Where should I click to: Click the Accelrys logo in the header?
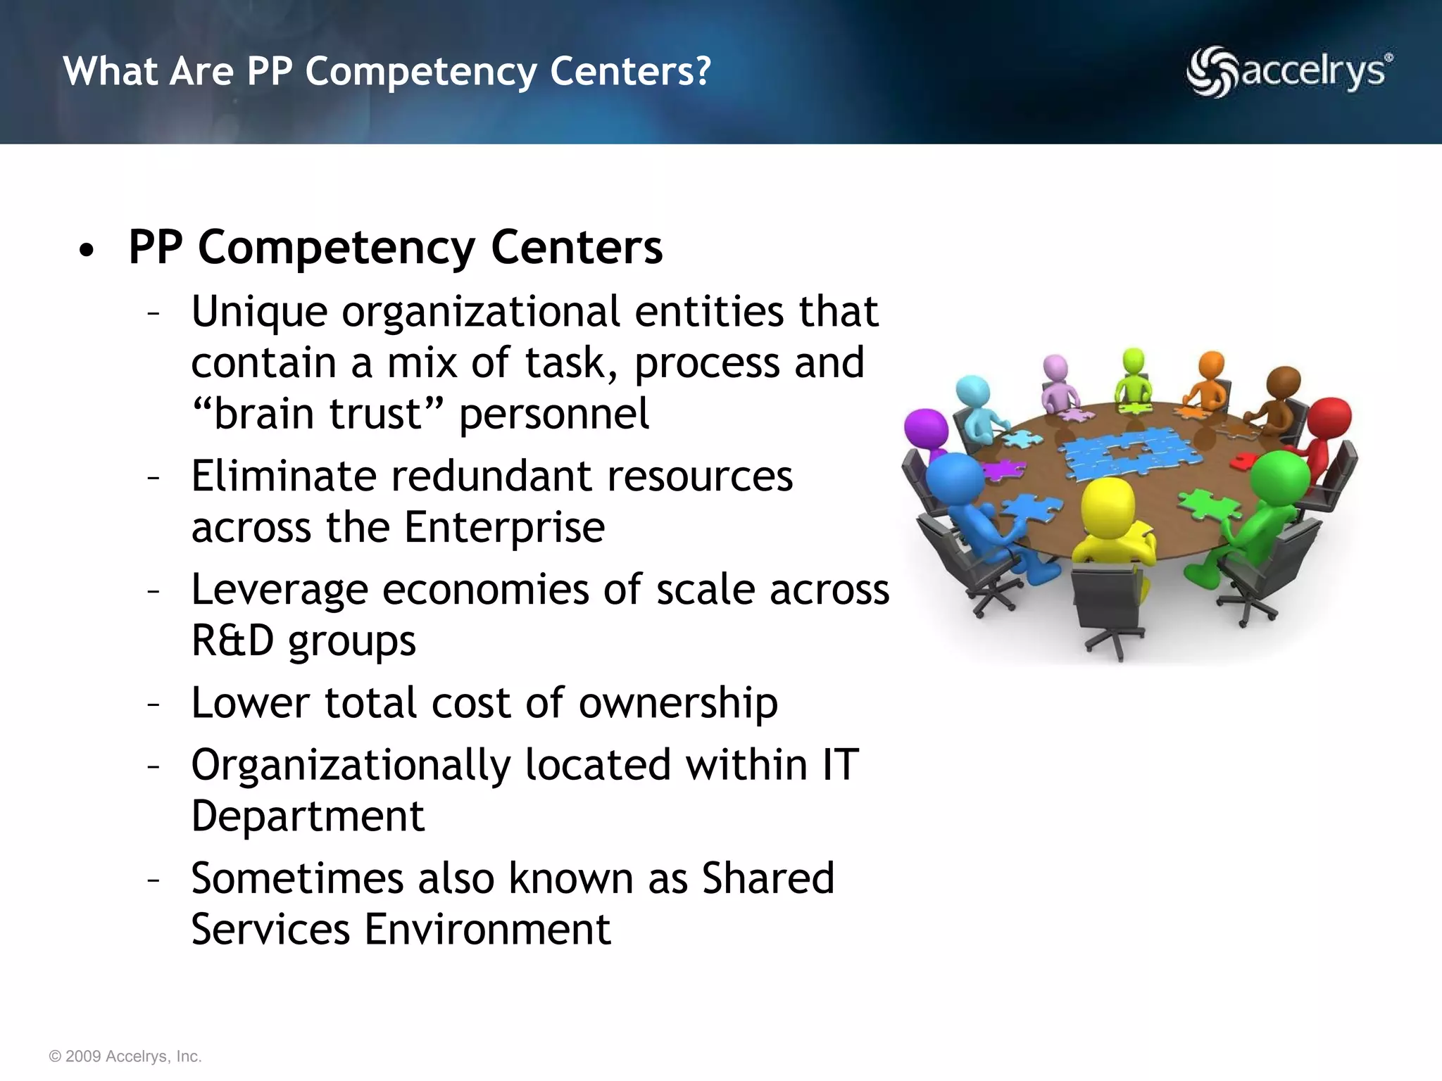click(x=1289, y=72)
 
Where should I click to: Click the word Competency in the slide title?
click(x=420, y=72)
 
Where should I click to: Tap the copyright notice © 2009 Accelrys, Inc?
click(x=125, y=1056)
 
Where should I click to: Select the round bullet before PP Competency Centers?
click(x=87, y=251)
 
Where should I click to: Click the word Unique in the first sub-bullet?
click(x=259, y=312)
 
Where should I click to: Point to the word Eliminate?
click(x=284, y=476)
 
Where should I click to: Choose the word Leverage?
click(x=280, y=590)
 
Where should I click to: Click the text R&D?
click(x=232, y=641)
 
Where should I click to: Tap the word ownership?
click(x=678, y=703)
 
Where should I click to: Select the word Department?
click(x=308, y=816)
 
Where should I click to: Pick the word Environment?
click(x=487, y=930)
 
